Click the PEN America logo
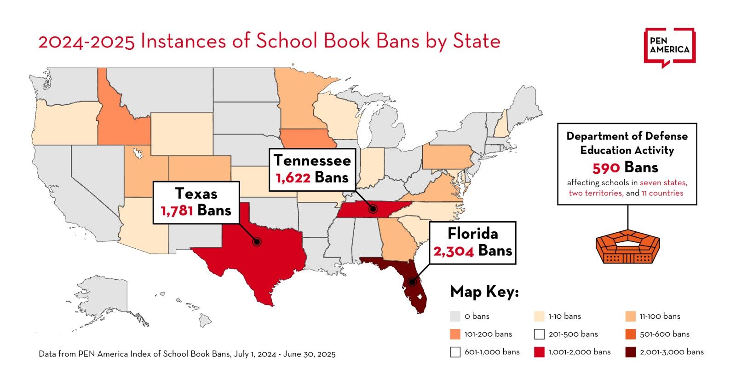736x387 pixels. click(x=669, y=47)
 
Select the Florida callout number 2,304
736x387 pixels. click(x=453, y=251)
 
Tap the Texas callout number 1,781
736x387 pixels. click(x=177, y=211)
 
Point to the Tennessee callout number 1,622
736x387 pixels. click(x=292, y=178)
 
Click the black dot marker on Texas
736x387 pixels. click(x=257, y=241)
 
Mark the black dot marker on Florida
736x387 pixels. click(x=412, y=282)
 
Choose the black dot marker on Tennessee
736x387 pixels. click(x=373, y=209)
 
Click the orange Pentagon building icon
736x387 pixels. click(x=627, y=247)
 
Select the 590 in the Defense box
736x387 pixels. click(x=606, y=168)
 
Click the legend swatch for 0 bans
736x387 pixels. click(x=455, y=317)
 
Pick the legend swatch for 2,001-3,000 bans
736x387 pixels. click(x=631, y=352)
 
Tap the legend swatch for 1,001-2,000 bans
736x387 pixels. click(x=539, y=352)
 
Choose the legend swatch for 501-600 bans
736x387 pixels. click(x=631, y=334)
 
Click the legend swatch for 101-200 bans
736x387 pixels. click(x=455, y=334)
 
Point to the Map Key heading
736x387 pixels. click(x=484, y=292)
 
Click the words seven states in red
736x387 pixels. click(x=663, y=182)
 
